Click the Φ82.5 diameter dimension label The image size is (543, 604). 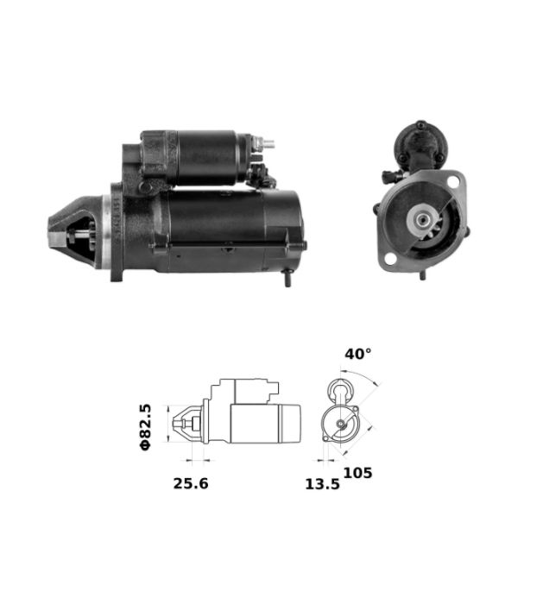(146, 427)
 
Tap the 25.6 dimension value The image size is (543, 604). (191, 483)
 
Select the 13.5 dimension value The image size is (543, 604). (323, 484)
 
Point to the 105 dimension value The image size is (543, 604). (357, 473)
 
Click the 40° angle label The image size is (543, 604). (358, 354)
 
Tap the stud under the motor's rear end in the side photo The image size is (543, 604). (287, 278)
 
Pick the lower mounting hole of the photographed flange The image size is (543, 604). (390, 259)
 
